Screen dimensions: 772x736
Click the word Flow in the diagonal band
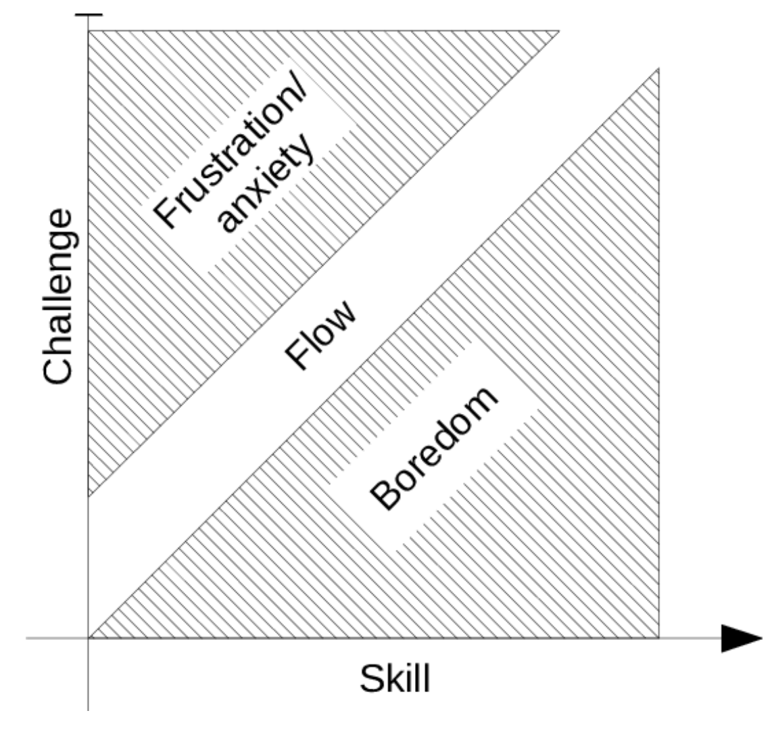[320, 334]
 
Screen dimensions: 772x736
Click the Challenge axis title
[58, 296]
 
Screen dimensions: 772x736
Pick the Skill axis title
[395, 679]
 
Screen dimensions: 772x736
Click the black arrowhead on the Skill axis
[742, 639]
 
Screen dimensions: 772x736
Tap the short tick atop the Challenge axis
[89, 16]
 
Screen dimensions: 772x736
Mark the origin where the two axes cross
[89, 639]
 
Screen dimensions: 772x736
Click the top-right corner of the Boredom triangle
[658, 69]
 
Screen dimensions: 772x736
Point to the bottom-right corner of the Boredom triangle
[658, 638]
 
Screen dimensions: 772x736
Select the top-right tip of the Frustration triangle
[559, 31]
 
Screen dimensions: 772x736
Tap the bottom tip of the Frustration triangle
[89, 498]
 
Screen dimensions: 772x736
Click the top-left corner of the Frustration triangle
[89, 31]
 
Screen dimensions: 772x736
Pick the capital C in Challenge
[58, 368]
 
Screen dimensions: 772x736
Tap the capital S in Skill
[372, 679]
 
